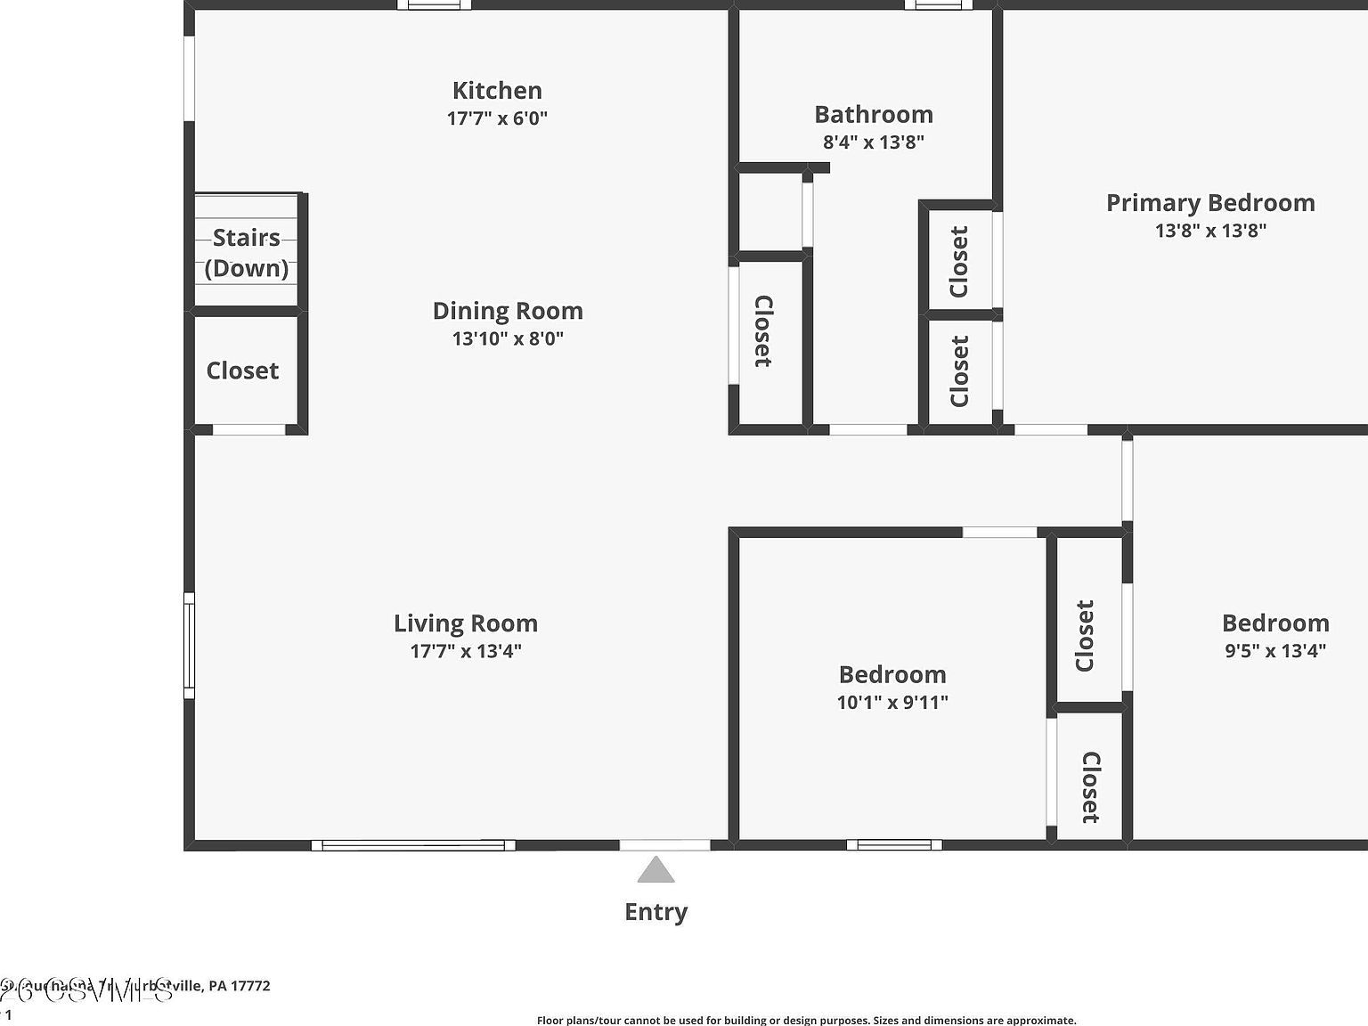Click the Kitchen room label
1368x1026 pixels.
[497, 90]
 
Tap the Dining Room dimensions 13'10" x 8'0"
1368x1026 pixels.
[508, 338]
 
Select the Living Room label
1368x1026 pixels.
[466, 623]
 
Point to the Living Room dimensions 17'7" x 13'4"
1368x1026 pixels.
[466, 651]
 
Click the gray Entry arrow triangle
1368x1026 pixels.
[656, 870]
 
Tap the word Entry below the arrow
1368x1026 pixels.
[656, 912]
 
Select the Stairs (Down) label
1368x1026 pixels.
[247, 253]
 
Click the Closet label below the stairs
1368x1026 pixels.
[242, 370]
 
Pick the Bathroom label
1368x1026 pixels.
[874, 114]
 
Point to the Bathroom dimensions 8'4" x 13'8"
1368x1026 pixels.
[874, 142]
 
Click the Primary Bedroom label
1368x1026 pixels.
[1210, 202]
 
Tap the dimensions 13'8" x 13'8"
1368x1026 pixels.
[1210, 231]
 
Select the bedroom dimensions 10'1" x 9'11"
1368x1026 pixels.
[892, 702]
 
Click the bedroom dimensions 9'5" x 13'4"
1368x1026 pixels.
[1275, 651]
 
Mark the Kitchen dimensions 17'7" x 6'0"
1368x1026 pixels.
[497, 118]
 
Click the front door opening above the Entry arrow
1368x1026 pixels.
[664, 844]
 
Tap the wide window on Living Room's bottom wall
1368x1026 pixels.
[413, 845]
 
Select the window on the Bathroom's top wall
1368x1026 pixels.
[939, 4]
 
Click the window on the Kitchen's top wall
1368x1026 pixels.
[434, 4]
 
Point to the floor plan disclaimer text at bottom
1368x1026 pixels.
[806, 1021]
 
